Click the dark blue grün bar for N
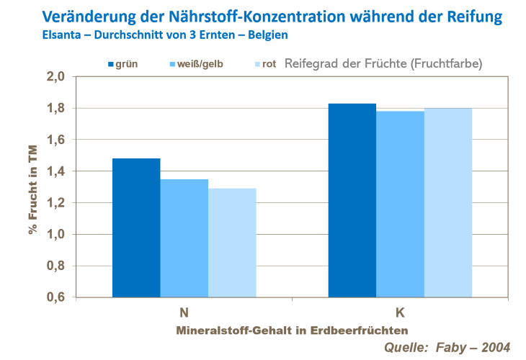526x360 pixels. pyautogui.click(x=136, y=228)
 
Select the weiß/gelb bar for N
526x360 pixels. pyautogui.click(x=184, y=238)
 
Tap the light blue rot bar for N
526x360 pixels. pyautogui.click(x=232, y=243)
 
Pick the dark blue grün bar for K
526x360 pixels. pyautogui.click(x=352, y=200)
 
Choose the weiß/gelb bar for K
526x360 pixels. pyautogui.click(x=400, y=204)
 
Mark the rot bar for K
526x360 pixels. pyautogui.click(x=447, y=202)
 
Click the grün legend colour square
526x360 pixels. pyautogui.click(x=111, y=64)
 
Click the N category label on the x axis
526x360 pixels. pyautogui.click(x=184, y=312)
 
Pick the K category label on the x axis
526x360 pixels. pyautogui.click(x=400, y=312)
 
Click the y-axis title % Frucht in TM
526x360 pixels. pyautogui.click(x=32, y=187)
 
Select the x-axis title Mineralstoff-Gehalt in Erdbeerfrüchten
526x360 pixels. pyautogui.click(x=292, y=329)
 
